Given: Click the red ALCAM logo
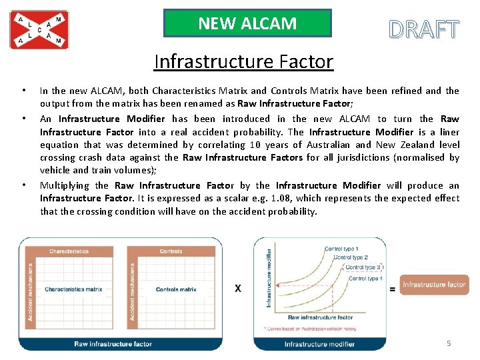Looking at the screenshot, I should pyautogui.click(x=39, y=30).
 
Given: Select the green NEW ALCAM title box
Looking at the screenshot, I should pyautogui.click(x=247, y=23).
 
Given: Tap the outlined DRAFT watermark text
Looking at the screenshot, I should pyautogui.click(x=424, y=30).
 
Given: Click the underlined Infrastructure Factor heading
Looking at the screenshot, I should pyautogui.click(x=243, y=62).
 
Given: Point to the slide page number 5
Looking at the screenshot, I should pyautogui.click(x=449, y=343).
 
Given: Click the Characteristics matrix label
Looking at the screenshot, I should pyautogui.click(x=73, y=289).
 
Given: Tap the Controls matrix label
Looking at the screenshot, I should pyautogui.click(x=176, y=289).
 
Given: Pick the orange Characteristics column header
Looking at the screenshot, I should pyautogui.click(x=69, y=251).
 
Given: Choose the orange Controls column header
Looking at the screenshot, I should pyautogui.click(x=171, y=251).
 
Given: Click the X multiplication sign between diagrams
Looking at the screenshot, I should pyautogui.click(x=238, y=289).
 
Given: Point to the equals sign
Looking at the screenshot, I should pyautogui.click(x=393, y=288).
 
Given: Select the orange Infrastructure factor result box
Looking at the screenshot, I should pyautogui.click(x=434, y=285).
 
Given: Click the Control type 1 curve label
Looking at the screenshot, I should pyautogui.click(x=341, y=249).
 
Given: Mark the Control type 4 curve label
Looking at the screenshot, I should pyautogui.click(x=365, y=279).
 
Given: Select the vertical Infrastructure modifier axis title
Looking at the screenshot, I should pyautogui.click(x=270, y=278).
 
